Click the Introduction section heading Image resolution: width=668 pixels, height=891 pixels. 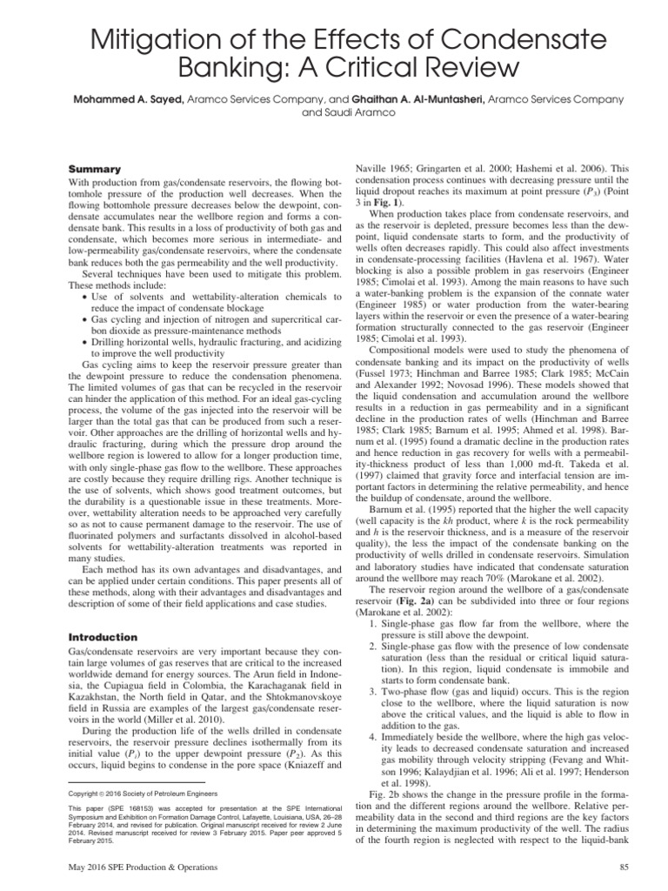102,637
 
